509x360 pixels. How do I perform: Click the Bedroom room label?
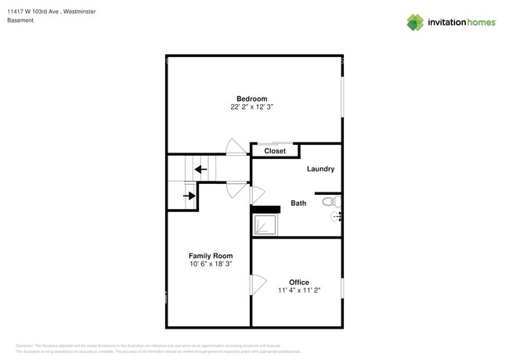[x=252, y=99]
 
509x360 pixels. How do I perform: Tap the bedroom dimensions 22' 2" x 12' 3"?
[x=252, y=107]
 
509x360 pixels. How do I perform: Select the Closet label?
[x=274, y=151]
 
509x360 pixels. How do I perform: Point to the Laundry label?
[x=320, y=168]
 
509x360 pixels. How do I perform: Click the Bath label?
[x=298, y=203]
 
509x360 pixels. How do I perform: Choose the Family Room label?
[x=210, y=256]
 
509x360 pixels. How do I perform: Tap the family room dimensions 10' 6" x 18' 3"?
[x=210, y=265]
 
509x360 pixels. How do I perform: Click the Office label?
[x=298, y=282]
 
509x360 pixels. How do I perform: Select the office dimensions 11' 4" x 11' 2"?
[x=298, y=290]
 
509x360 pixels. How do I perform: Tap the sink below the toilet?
[x=337, y=216]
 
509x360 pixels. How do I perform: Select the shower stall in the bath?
[x=264, y=225]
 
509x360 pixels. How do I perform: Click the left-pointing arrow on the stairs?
[x=200, y=168]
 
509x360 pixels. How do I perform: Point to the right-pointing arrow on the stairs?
[x=190, y=196]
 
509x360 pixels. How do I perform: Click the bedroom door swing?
[x=234, y=147]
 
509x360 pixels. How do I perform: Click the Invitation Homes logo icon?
[x=415, y=23]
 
